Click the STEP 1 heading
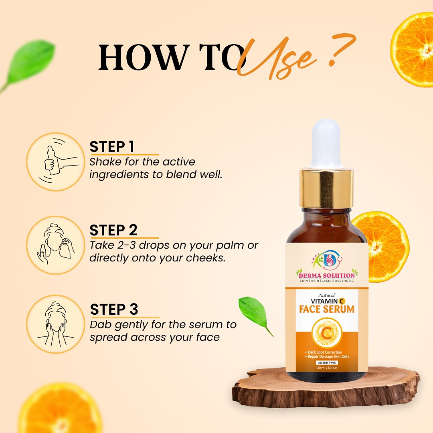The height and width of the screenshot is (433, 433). point(112,147)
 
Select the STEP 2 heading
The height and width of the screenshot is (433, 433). point(113,230)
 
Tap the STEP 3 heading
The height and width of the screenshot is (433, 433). point(114,309)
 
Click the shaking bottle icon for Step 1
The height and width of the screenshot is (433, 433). point(55,162)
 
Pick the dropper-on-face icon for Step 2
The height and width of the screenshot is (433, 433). point(55,245)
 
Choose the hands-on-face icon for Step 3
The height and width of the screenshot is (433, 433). point(55,324)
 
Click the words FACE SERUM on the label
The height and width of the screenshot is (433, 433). point(327,309)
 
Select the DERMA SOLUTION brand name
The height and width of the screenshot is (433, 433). point(327,275)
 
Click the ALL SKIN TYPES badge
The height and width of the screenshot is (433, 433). point(327,362)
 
